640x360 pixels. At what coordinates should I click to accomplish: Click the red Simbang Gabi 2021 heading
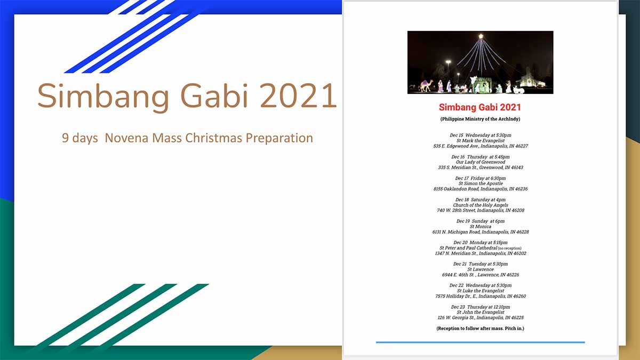[x=480, y=107]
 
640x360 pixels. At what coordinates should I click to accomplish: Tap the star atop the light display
[x=481, y=36]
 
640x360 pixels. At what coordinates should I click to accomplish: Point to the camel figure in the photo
[x=426, y=86]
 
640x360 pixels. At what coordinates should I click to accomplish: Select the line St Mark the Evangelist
[x=481, y=141]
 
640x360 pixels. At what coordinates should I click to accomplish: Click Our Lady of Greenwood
[x=481, y=162]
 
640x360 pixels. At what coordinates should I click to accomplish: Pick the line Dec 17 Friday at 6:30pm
[x=481, y=178]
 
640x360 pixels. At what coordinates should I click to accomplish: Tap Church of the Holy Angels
[x=481, y=205]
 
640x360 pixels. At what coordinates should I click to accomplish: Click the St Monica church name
[x=481, y=226]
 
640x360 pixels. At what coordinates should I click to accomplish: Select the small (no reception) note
[x=510, y=249]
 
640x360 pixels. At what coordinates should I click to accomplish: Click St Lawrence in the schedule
[x=481, y=269]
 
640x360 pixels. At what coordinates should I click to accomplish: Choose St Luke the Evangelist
[x=481, y=291]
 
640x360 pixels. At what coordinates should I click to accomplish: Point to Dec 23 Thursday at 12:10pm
[x=481, y=307]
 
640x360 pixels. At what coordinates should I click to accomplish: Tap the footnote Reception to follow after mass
[x=481, y=329]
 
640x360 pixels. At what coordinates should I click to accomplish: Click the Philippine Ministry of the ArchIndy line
[x=481, y=119]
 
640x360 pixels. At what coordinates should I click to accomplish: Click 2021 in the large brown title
[x=298, y=95]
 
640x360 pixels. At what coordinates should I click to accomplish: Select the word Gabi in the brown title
[x=214, y=95]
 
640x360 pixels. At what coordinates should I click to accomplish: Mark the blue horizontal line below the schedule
[x=481, y=342]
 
